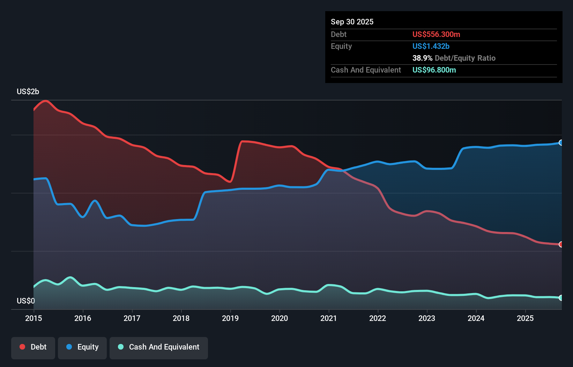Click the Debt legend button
[x=33, y=347]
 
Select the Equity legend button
[x=82, y=347]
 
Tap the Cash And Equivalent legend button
[x=159, y=347]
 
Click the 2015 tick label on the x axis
[x=34, y=318]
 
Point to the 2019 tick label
[x=230, y=318]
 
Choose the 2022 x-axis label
[x=378, y=318]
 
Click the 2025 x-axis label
[x=525, y=318]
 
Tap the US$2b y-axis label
[x=28, y=92]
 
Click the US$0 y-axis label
[x=26, y=301]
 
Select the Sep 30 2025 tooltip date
[x=352, y=22]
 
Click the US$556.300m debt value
[x=436, y=35]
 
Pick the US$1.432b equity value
[x=431, y=46]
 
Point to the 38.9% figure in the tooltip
[x=422, y=58]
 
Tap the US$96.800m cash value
[x=434, y=70]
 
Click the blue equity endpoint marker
[x=561, y=143]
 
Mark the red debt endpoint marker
[x=561, y=245]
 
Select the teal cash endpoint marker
[x=561, y=298]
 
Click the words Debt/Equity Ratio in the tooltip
[x=465, y=58]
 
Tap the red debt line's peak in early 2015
[x=46, y=101]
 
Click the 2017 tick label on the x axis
[x=132, y=318]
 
